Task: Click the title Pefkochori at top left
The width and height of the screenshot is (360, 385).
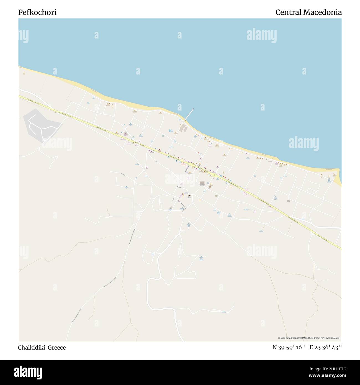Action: (x=37, y=12)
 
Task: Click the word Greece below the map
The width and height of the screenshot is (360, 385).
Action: (x=57, y=347)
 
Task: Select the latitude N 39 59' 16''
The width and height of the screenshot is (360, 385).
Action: (x=289, y=347)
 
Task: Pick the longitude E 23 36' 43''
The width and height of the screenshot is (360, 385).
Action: (x=326, y=347)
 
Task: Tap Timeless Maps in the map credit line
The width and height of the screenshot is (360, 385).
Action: (x=331, y=338)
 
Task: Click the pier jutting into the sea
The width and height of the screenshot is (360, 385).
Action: (x=189, y=114)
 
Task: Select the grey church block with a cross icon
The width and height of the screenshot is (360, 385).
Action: (x=202, y=183)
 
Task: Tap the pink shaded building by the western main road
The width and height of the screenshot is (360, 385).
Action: (x=125, y=134)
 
